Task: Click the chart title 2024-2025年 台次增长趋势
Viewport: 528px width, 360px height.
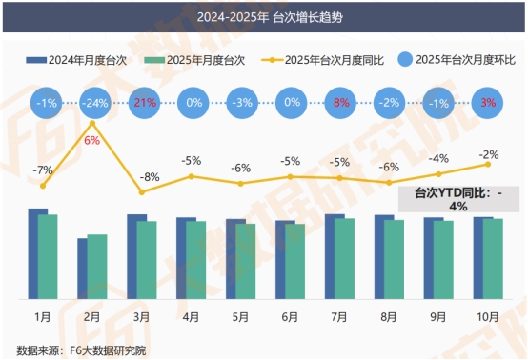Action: point(263,17)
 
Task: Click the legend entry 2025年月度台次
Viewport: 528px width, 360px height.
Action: point(194,60)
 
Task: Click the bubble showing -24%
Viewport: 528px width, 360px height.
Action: point(92,102)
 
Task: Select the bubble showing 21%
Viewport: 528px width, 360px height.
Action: point(142,102)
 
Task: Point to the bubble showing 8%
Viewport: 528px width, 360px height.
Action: point(340,102)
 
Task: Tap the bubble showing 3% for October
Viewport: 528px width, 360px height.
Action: point(488,102)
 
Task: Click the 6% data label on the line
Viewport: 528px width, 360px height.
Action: point(92,140)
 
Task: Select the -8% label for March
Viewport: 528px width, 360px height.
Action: point(142,176)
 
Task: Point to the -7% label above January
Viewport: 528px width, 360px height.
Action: point(43,170)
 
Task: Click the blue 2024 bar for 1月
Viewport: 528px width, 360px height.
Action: point(37,252)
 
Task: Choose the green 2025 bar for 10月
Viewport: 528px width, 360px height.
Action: point(493,258)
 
